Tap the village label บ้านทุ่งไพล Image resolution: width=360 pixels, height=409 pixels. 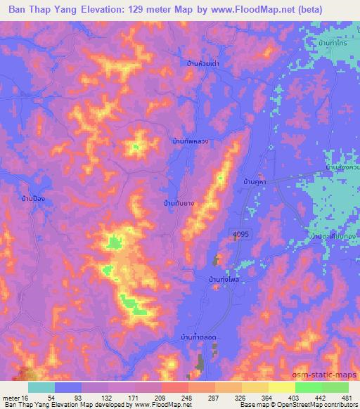[224, 279]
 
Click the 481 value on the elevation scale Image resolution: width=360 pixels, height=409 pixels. [347, 397]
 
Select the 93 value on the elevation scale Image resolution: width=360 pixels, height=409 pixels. [67, 397]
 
